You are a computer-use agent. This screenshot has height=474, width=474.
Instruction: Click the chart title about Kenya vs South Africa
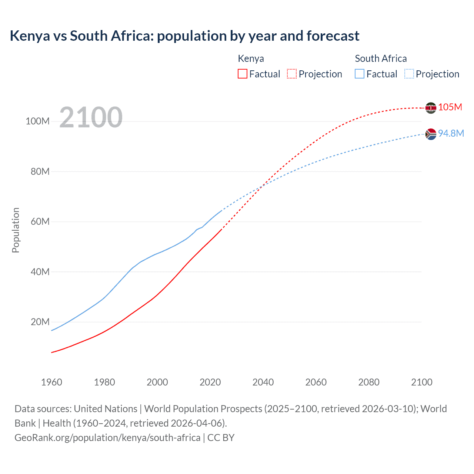[184, 36]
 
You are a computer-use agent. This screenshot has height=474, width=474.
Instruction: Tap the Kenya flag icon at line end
[431, 108]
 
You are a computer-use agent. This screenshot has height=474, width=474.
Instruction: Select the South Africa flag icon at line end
[431, 134]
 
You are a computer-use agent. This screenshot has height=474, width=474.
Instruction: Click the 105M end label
[450, 107]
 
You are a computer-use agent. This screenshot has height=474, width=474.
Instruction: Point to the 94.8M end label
[451, 133]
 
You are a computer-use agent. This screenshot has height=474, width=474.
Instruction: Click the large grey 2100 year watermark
[91, 117]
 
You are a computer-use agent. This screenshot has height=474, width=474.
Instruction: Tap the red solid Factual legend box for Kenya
[242, 74]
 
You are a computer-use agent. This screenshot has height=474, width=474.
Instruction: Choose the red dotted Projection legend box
[292, 74]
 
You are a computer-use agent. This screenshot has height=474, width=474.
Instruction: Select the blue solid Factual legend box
[360, 74]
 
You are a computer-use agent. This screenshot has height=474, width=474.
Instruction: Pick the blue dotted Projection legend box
[409, 74]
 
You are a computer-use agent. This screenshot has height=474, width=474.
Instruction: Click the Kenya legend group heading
[251, 59]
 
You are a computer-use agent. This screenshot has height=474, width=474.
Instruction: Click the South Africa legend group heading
[381, 59]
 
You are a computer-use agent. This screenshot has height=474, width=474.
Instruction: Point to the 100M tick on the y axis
[37, 121]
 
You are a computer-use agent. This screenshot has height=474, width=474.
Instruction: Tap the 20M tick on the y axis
[40, 322]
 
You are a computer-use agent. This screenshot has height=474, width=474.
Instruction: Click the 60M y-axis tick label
[40, 222]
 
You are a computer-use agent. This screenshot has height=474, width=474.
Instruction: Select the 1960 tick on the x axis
[51, 382]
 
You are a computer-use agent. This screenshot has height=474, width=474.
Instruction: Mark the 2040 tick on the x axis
[263, 382]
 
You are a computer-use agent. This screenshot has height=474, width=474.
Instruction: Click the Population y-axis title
[16, 230]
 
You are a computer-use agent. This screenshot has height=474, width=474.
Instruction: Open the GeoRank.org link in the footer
[107, 438]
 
